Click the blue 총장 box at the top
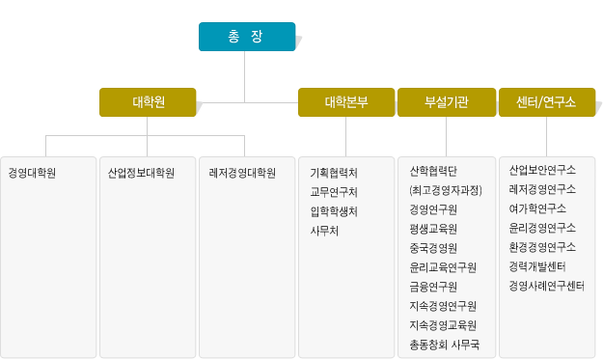point(246,37)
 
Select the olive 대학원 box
point(148,102)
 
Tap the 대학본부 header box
point(345,102)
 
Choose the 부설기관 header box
point(446,102)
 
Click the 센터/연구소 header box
point(546,102)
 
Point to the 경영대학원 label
point(32,174)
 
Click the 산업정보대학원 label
point(142,174)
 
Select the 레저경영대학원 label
point(242,174)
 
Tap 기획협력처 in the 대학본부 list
point(334,174)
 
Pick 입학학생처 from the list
point(334,211)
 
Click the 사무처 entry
point(324,231)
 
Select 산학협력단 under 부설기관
point(433,171)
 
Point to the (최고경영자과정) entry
point(445,190)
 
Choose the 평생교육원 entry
point(433,229)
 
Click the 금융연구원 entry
point(433,287)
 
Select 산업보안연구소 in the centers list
point(542,171)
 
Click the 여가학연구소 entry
point(537,208)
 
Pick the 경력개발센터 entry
point(537,266)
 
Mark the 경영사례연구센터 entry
point(546,286)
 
